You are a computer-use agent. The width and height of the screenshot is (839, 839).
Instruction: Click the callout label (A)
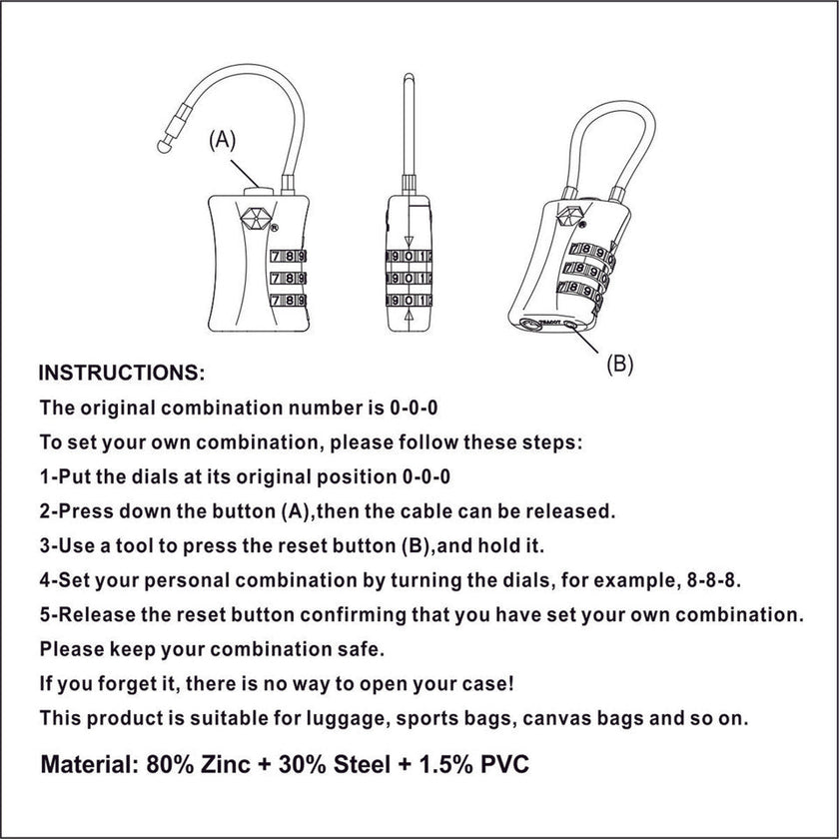[x=222, y=141]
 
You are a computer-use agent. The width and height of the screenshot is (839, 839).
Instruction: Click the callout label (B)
[x=620, y=364]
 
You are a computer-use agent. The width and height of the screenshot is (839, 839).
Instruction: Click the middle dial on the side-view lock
[x=410, y=277]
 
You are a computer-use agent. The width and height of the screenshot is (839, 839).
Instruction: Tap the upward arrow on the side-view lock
[x=411, y=317]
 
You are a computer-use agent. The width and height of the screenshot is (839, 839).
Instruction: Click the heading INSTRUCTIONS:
[x=121, y=374]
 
